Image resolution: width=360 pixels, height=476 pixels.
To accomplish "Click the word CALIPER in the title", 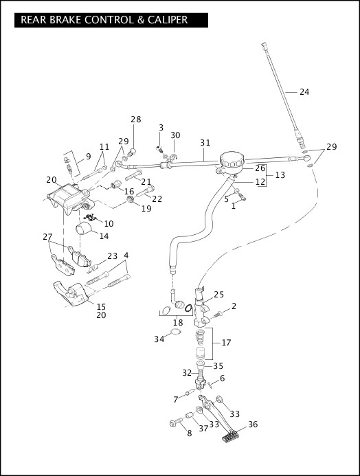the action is [168, 20].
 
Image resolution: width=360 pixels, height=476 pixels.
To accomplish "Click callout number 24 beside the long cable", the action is [304, 91].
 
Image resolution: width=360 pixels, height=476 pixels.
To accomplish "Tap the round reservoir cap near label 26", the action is [232, 159].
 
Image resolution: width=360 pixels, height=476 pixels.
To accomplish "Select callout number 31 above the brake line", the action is [205, 142].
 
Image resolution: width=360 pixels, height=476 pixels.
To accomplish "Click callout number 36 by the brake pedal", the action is [253, 424].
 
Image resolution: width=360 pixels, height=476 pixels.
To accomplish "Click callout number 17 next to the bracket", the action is [227, 343].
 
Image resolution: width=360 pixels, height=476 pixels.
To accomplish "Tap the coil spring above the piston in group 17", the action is [201, 337].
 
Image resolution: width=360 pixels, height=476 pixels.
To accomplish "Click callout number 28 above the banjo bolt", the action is [136, 120].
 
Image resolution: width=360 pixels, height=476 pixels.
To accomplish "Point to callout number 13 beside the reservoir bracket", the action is [280, 175].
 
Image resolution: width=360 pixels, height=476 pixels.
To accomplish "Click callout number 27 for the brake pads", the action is [47, 236].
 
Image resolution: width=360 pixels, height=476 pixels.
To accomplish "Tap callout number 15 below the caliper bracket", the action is [101, 306].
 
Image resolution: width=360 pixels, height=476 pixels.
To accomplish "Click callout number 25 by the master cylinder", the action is [218, 295].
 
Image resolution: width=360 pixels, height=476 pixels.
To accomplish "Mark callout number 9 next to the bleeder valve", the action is [89, 157].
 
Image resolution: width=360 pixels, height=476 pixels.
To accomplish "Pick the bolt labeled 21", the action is [133, 175].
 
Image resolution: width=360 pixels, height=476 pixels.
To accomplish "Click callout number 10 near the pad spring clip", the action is [109, 224].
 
